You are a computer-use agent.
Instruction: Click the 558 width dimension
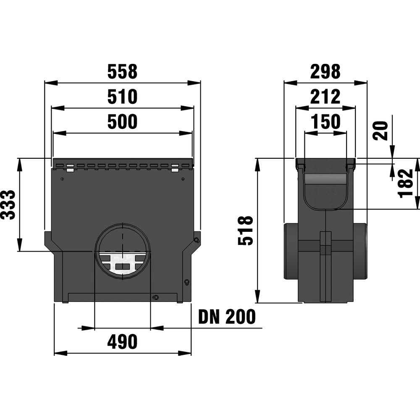pyautogui.click(x=122, y=71)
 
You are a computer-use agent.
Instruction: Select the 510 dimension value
pyautogui.click(x=122, y=97)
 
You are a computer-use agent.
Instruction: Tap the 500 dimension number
pyautogui.click(x=122, y=121)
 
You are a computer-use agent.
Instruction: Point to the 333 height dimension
pyautogui.click(x=8, y=205)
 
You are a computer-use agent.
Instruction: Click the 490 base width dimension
pyautogui.click(x=122, y=341)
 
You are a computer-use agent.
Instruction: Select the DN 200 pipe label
pyautogui.click(x=227, y=316)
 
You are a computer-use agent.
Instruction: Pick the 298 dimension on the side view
pyautogui.click(x=325, y=71)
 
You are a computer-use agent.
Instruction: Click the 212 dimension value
pyautogui.click(x=325, y=97)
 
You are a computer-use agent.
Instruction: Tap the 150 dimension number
pyautogui.click(x=325, y=121)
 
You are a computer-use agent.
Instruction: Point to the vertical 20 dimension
pyautogui.click(x=380, y=131)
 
